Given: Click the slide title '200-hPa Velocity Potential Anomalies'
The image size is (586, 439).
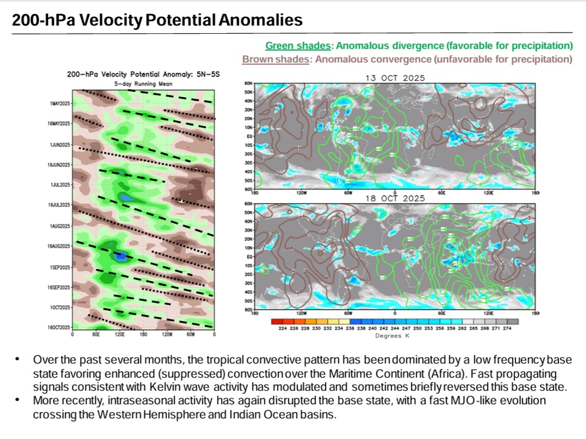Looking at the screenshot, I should point(157,21).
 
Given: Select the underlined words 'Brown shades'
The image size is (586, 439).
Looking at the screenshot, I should point(275,59).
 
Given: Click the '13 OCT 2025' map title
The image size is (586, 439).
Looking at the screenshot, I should point(394,78).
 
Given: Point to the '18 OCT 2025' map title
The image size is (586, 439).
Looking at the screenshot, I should point(394,199).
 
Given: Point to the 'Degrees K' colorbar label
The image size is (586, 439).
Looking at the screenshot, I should point(394,335).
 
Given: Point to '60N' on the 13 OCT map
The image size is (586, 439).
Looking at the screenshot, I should point(250,84).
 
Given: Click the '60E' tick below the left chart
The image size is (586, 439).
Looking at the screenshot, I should point(96,334).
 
